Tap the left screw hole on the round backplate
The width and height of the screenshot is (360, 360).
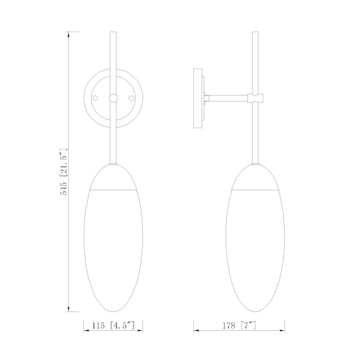(x=96, y=98)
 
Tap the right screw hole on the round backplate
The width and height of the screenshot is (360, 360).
(x=131, y=98)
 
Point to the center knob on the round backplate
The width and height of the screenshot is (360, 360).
(x=113, y=98)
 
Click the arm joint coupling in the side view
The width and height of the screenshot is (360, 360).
(x=256, y=97)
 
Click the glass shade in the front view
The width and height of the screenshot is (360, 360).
(x=113, y=248)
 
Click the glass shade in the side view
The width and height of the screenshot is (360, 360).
(x=256, y=248)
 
